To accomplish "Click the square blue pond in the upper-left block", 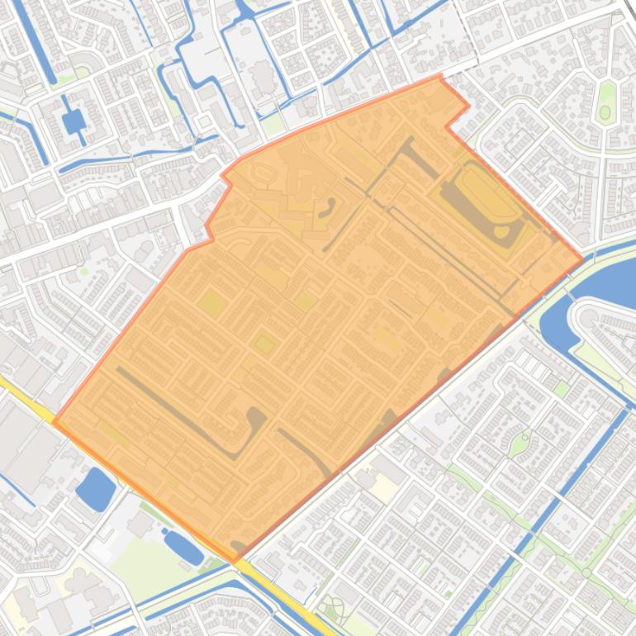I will (74, 122).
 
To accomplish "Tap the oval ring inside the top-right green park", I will (605, 112).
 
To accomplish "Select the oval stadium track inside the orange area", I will (483, 201).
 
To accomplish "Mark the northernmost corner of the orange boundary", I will (439, 76).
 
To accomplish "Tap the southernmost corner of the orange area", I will (235, 562).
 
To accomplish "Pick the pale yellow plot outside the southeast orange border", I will (382, 464).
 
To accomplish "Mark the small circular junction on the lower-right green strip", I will (586, 572).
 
